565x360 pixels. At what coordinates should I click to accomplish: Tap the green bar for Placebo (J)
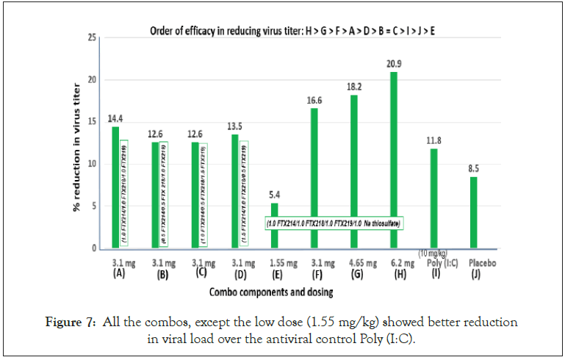473,213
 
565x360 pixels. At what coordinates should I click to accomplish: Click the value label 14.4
115,118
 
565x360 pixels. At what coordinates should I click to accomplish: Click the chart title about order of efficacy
294,31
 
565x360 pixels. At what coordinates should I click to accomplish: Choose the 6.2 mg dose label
395,262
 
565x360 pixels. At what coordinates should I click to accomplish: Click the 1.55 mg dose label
274,262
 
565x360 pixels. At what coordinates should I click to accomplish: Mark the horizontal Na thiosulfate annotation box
337,221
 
